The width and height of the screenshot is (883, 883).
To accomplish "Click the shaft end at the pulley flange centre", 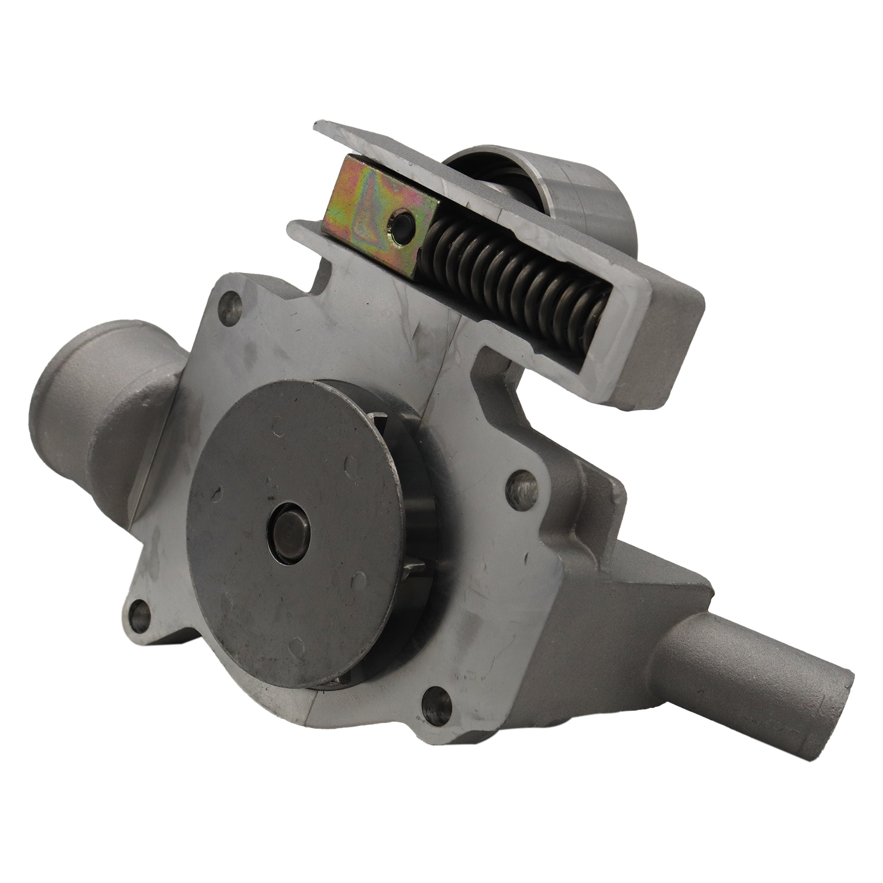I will pyautogui.click(x=289, y=527).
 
